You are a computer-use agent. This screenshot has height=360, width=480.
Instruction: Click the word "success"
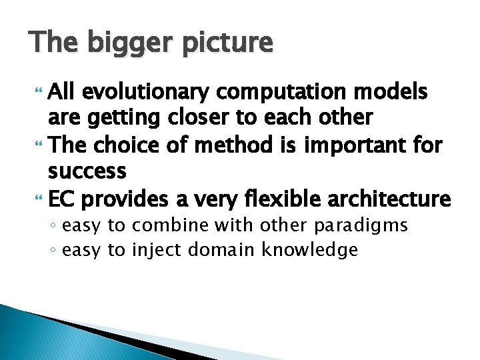[87, 172]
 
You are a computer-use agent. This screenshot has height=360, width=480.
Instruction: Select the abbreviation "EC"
[63, 199]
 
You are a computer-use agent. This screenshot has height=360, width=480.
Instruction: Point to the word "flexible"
[291, 199]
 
